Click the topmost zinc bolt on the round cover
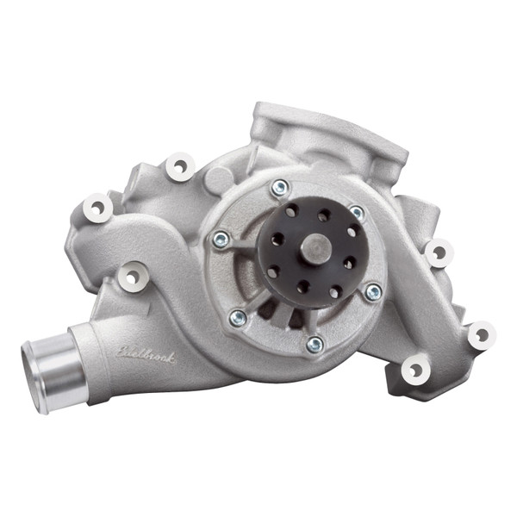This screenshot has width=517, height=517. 279,188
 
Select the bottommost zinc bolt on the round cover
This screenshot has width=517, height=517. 315,344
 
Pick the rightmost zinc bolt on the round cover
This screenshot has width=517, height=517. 373,292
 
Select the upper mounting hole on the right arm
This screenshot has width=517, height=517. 438,252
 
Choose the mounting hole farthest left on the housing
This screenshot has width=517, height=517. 96,208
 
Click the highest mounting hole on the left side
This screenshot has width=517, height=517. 178,166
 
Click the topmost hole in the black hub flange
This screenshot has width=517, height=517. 324,216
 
